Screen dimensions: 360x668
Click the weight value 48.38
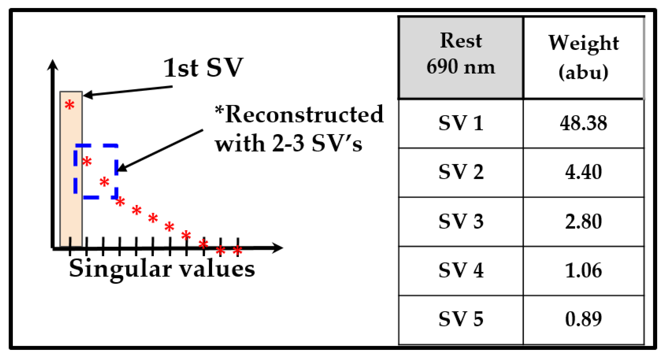point(583,123)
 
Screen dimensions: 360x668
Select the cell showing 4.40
point(583,172)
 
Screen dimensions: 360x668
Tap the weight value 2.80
point(583,221)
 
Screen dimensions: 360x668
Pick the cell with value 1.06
point(583,270)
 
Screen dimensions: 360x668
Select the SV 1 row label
point(461,123)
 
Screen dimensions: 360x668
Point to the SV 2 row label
point(461,172)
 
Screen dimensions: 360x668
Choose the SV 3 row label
point(461,221)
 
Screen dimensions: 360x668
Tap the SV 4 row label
point(461,270)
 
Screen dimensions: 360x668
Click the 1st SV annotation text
point(203,68)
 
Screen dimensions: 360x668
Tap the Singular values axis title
point(162,269)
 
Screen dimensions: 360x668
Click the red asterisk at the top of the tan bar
point(70,105)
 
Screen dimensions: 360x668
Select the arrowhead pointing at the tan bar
point(88,95)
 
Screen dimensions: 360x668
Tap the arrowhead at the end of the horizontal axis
point(278,248)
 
